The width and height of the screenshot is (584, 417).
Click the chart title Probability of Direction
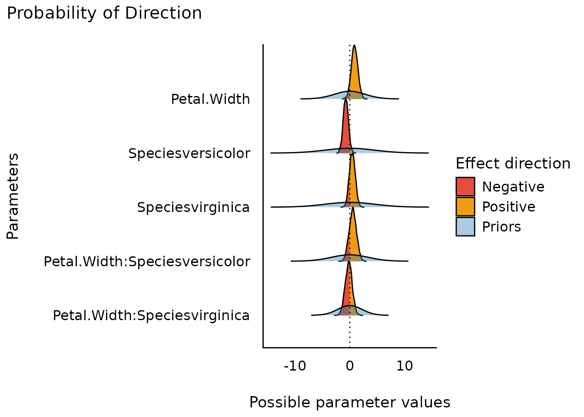point(104,13)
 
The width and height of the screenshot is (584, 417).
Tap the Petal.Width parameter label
point(210,99)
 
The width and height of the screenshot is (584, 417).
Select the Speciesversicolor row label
point(189,153)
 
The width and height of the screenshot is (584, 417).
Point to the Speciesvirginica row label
point(193,207)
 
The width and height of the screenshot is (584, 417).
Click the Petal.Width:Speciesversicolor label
point(147,261)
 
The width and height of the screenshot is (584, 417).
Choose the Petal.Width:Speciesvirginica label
point(151,315)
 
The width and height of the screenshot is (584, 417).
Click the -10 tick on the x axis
point(295,366)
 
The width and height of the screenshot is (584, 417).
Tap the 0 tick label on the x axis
point(350,366)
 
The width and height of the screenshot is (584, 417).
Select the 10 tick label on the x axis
point(405,366)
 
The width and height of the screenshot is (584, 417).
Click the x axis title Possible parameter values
point(350,403)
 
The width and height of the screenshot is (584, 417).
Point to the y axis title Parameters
point(13,196)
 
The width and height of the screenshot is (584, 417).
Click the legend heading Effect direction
point(513,164)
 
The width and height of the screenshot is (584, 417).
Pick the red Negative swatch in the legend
point(465,187)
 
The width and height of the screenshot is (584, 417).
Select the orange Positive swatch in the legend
point(465,207)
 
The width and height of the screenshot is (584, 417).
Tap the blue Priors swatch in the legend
point(465,227)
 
